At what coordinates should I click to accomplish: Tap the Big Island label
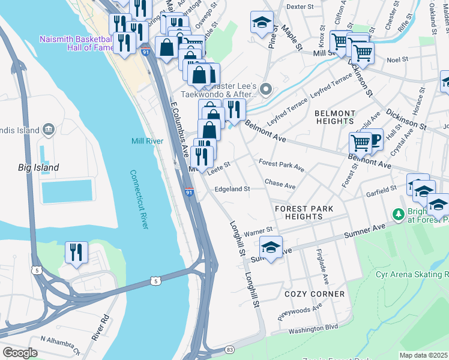click(x=38, y=167)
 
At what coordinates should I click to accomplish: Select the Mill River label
click(x=147, y=142)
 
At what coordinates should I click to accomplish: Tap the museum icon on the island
click(x=49, y=129)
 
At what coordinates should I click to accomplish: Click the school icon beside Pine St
click(x=261, y=23)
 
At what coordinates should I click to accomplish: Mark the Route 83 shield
click(x=229, y=349)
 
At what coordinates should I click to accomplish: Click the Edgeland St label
click(x=232, y=189)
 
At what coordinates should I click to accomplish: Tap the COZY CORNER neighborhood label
click(x=315, y=294)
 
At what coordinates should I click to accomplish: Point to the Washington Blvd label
click(x=313, y=328)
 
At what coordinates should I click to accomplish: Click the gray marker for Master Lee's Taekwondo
click(x=268, y=90)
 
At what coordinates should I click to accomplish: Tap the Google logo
click(x=20, y=353)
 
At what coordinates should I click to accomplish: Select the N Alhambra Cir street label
click(x=59, y=344)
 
